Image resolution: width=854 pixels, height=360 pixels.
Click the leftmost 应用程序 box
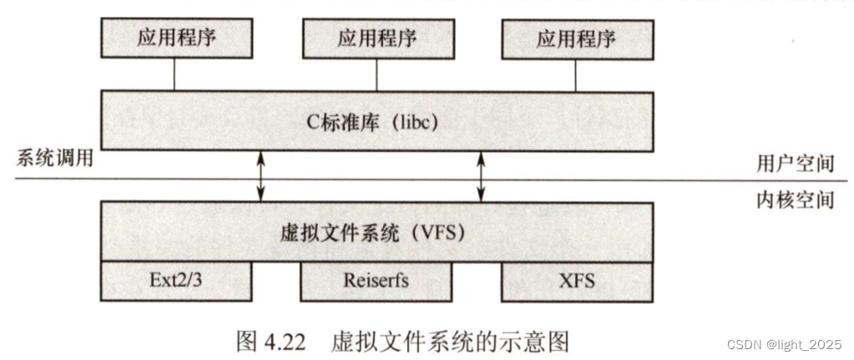pos(175,38)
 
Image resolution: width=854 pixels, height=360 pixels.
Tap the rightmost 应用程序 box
pos(576,38)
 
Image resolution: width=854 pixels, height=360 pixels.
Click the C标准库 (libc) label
pos(376,124)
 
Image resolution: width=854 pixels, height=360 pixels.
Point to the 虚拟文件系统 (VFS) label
pos(376,232)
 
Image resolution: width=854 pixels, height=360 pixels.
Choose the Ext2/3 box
pos(175,281)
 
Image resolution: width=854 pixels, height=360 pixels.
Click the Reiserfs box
pos(376,281)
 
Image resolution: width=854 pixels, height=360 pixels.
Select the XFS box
pos(576,281)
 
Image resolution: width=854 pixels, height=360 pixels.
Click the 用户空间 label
pos(801,164)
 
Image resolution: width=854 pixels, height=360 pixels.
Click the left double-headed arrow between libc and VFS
pos(261,177)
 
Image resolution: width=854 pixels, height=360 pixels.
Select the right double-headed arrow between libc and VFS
pos(482,177)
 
